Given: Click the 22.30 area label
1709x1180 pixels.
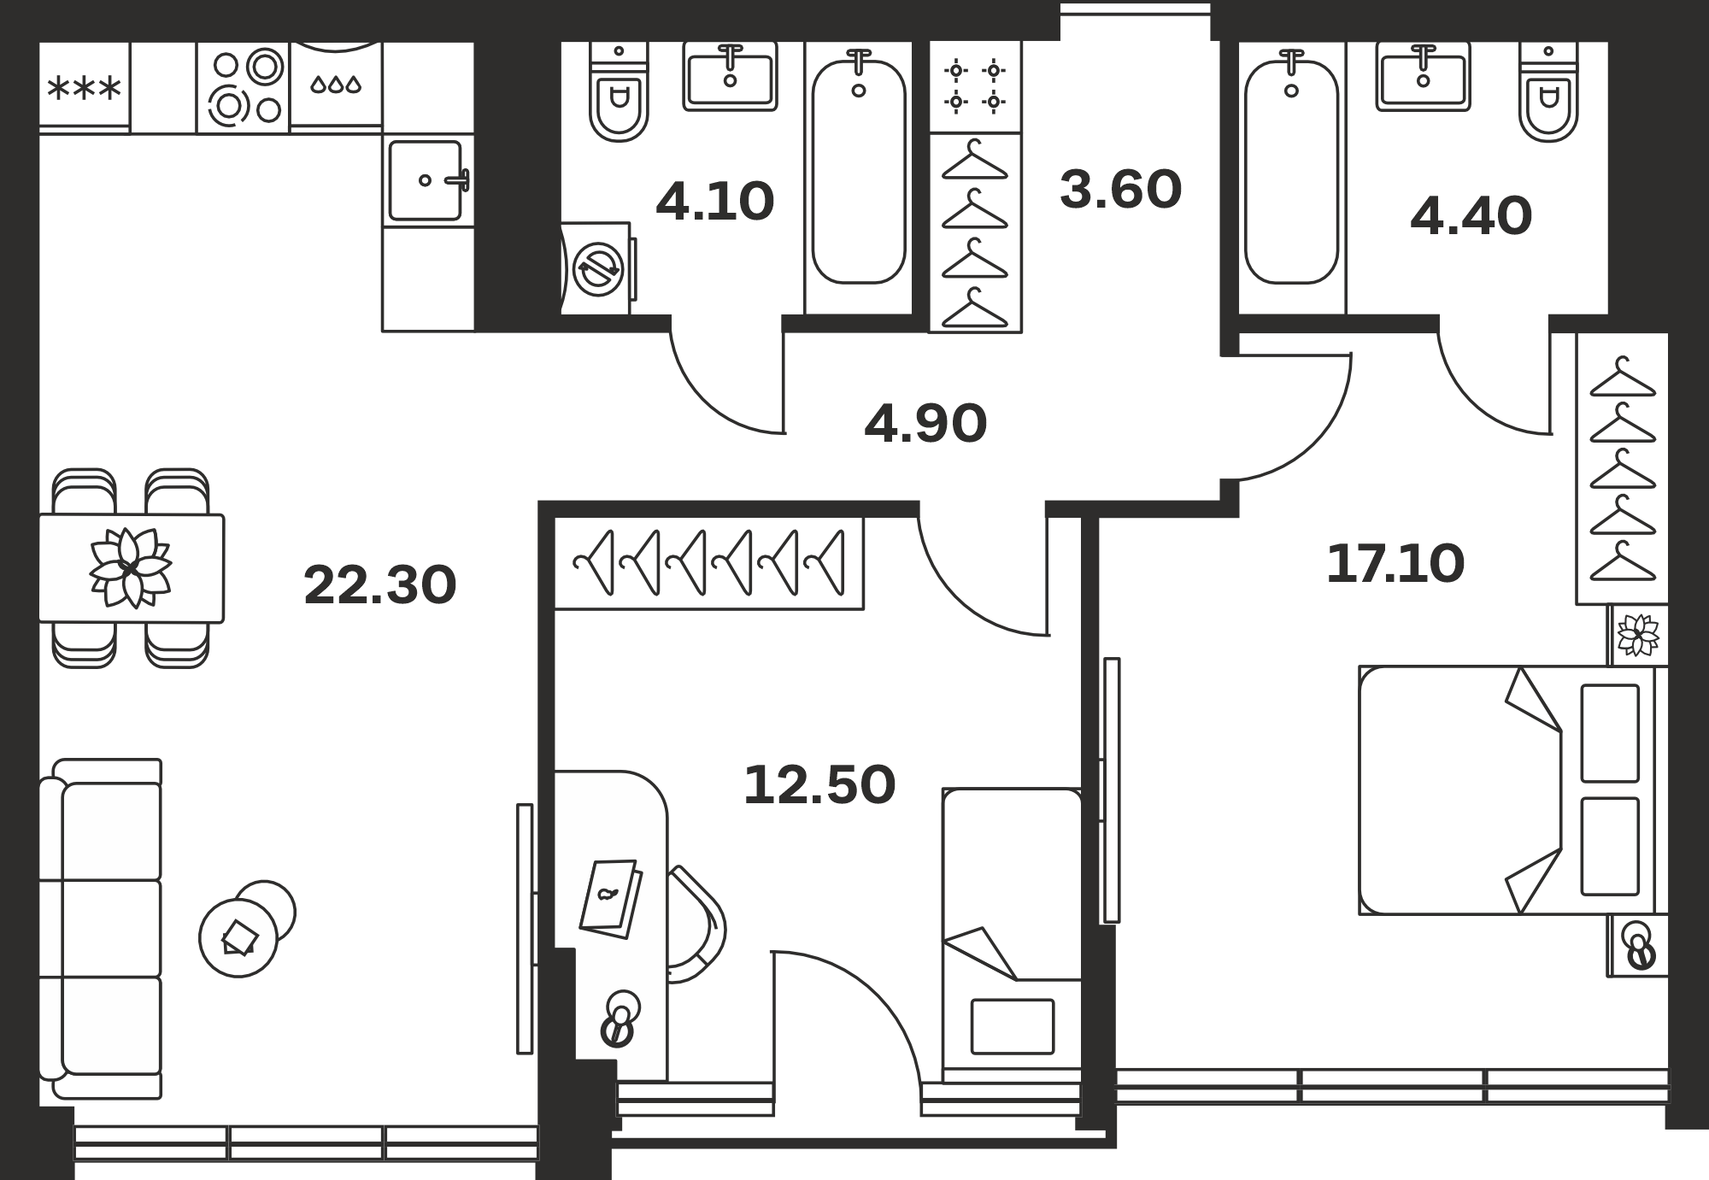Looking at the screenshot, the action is click(x=380, y=584).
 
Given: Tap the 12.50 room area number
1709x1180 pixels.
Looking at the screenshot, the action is click(x=819, y=785).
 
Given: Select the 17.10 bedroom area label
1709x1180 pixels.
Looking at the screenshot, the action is click(x=1395, y=564).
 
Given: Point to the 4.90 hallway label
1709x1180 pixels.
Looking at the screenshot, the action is click(x=925, y=424).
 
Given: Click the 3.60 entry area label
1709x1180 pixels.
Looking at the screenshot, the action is click(x=1120, y=189).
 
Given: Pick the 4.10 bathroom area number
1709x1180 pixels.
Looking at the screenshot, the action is click(x=715, y=202).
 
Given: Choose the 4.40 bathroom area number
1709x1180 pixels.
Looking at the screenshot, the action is click(x=1471, y=215).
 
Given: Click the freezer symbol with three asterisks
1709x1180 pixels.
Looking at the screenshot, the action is click(x=85, y=88).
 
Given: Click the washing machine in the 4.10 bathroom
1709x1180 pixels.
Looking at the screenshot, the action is click(x=599, y=268).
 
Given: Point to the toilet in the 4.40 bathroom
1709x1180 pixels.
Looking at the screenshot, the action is click(x=1548, y=92).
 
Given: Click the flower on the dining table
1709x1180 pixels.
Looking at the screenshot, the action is click(x=131, y=568).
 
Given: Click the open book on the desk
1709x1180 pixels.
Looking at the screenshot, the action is click(x=611, y=899).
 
